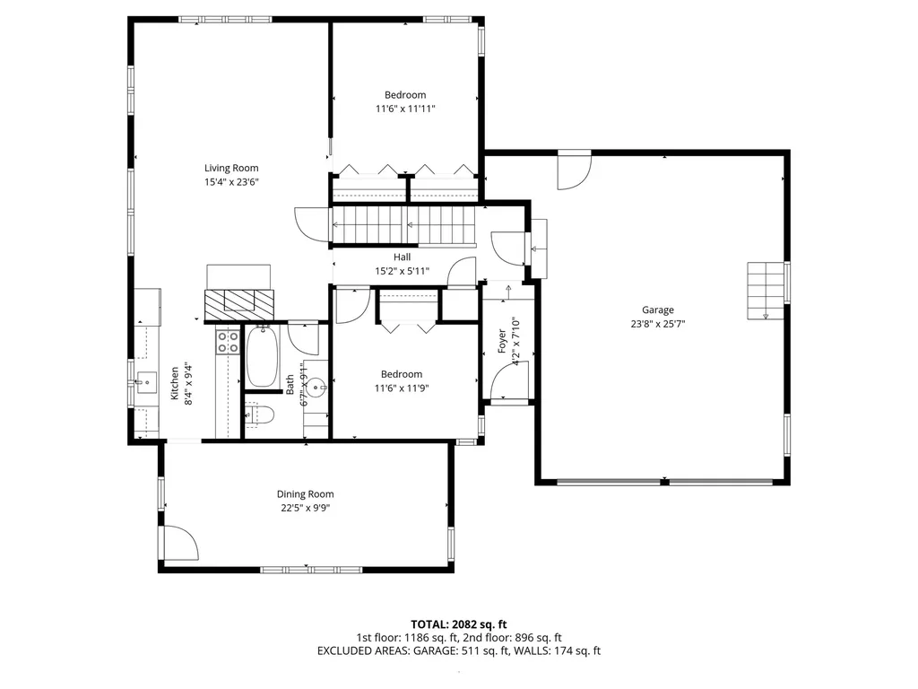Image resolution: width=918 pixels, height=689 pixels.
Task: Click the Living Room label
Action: pos(231,168)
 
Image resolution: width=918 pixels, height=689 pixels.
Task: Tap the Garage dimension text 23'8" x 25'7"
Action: pos(657,323)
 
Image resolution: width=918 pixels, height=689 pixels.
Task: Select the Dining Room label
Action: pos(305,494)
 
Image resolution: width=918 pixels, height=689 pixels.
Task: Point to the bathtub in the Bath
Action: pos(263,356)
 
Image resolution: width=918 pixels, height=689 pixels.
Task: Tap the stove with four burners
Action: pos(228,342)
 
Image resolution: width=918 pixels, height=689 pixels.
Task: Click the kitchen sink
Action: pos(147,382)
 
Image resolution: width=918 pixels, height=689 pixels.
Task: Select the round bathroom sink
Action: pos(316,387)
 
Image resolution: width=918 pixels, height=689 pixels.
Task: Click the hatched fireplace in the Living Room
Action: pos(238,305)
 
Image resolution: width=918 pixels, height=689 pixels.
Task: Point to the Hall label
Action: pos(403,257)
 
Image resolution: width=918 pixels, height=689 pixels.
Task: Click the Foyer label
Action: pos(502,341)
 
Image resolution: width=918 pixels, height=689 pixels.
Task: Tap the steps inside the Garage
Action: pos(766,291)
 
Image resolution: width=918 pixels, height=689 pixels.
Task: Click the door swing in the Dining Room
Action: pos(181,543)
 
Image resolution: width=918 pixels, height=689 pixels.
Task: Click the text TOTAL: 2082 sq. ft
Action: pos(458,624)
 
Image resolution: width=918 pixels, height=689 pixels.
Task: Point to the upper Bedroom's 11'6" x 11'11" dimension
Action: pos(405,109)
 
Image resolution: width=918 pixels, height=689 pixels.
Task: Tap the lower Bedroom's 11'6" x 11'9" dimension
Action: pos(402,388)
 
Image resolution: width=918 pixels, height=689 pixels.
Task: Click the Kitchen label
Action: pos(175,384)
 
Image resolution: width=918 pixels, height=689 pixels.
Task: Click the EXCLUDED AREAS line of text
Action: pos(458,651)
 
